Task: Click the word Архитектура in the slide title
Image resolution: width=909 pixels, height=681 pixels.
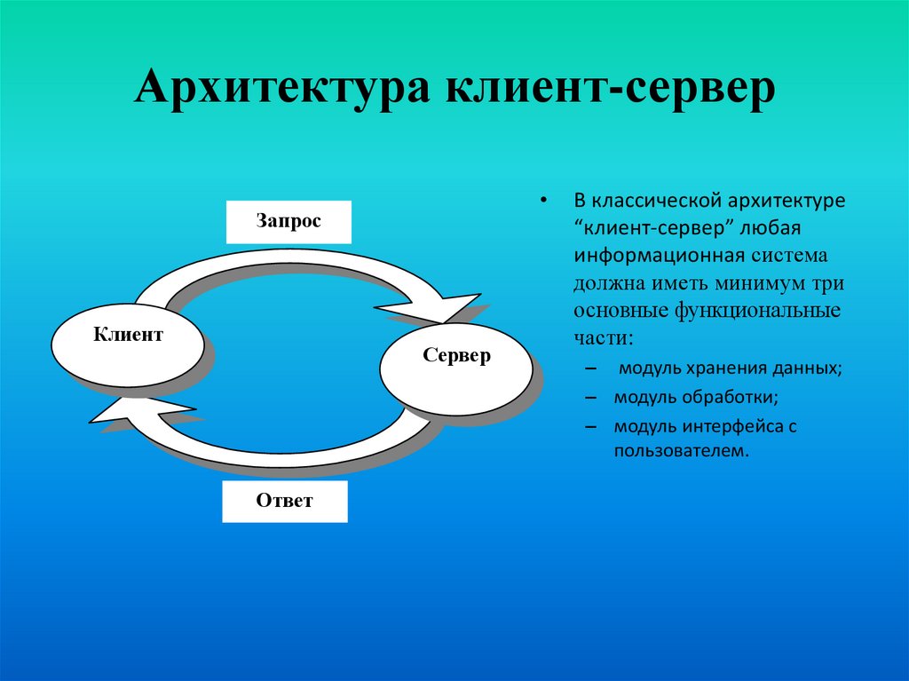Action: click(286, 92)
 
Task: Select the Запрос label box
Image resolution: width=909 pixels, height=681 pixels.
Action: click(289, 222)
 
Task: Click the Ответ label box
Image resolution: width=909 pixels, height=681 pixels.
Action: click(285, 501)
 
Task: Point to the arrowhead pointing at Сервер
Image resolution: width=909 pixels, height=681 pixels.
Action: click(435, 308)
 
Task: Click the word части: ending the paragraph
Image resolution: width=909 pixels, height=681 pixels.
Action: click(604, 339)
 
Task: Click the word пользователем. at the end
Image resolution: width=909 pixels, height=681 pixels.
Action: click(675, 450)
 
